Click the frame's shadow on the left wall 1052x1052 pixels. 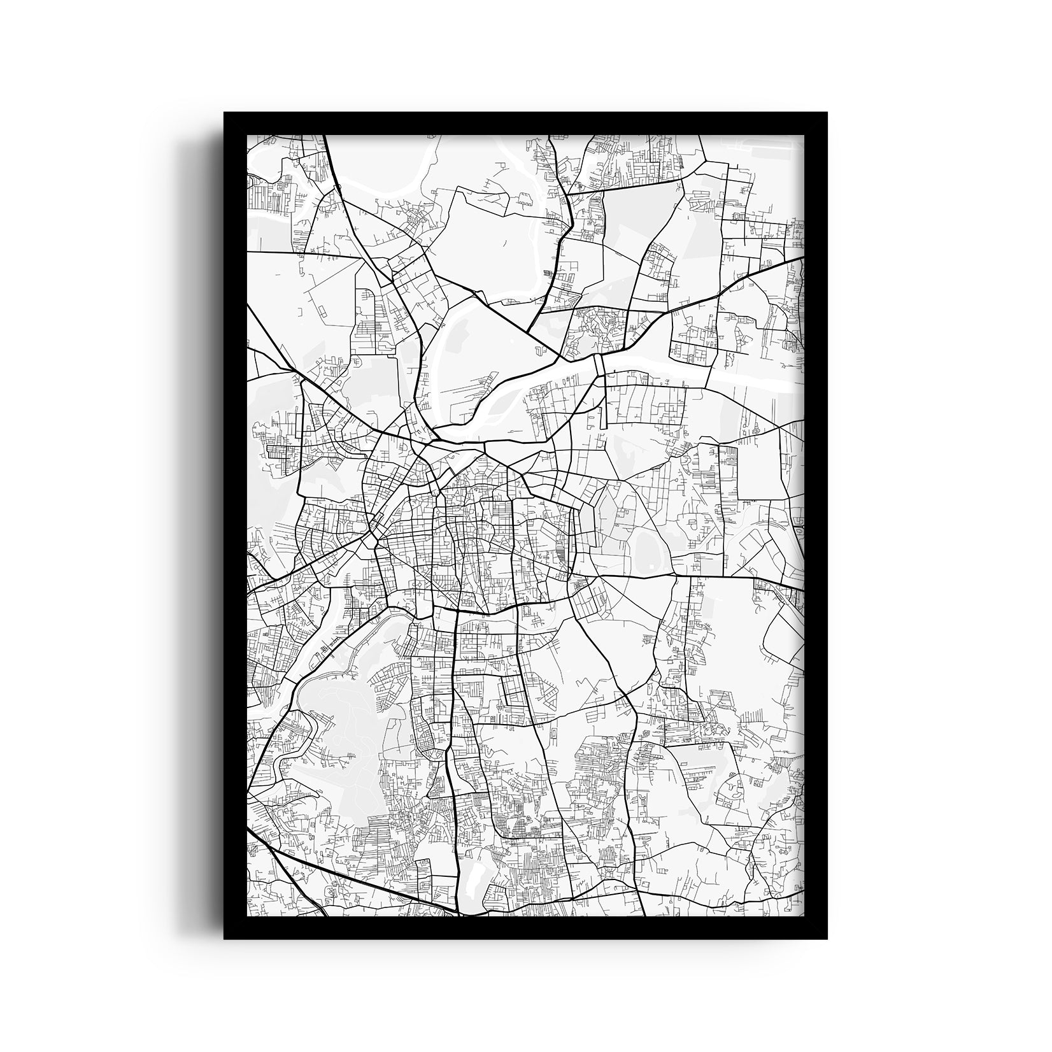207,509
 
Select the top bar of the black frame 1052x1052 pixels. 525,124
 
